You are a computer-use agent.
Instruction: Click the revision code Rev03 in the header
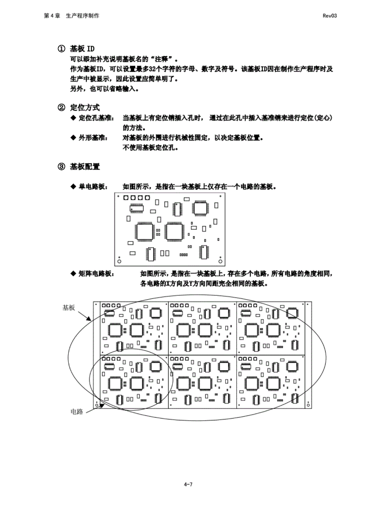[330, 16]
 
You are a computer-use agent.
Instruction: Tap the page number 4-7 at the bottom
[188, 484]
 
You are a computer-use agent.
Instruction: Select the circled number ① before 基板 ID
[62, 49]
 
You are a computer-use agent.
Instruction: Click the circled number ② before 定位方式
[62, 108]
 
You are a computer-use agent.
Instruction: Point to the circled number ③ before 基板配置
[62, 167]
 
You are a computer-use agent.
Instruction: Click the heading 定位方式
[85, 108]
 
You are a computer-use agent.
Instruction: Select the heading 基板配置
[85, 167]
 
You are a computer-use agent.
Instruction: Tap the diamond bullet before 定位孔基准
[73, 118]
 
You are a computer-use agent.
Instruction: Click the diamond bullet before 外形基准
[73, 138]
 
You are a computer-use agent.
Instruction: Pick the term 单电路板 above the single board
[93, 187]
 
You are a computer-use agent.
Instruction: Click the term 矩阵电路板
[96, 273]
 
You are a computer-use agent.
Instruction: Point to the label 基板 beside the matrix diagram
[68, 308]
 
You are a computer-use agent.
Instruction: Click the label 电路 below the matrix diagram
[77, 412]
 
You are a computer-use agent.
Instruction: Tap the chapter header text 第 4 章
[52, 16]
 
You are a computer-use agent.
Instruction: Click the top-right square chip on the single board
[201, 207]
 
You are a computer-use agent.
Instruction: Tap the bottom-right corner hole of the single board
[221, 261]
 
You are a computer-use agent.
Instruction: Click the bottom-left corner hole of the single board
[119, 261]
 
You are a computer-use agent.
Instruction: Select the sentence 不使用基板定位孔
[150, 148]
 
